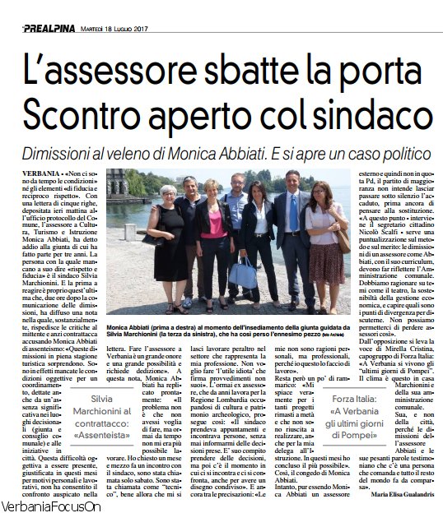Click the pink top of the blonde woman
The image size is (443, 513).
click(213, 224)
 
